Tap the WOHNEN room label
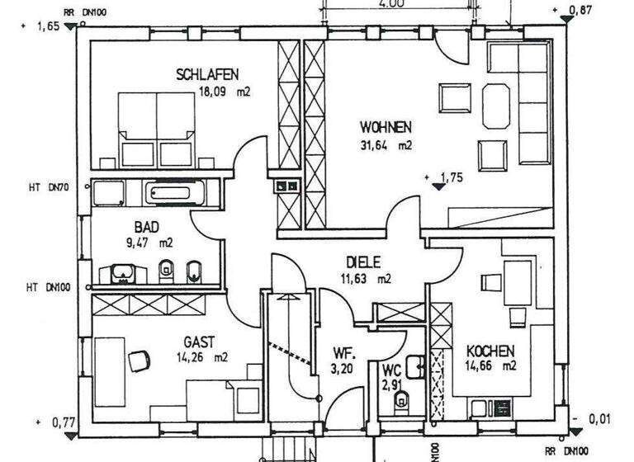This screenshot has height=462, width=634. click(386, 128)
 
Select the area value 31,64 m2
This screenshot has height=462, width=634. click(386, 145)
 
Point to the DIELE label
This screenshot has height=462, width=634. click(363, 262)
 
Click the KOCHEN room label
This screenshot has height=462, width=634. click(490, 350)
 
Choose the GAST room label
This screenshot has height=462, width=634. click(199, 342)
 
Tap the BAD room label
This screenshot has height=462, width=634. click(146, 227)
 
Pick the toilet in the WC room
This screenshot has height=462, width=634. click(403, 401)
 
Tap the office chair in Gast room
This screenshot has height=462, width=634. click(139, 360)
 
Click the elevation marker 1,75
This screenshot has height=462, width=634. click(450, 177)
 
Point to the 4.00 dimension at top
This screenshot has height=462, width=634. click(391, 4)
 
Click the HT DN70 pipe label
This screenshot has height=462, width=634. click(46, 188)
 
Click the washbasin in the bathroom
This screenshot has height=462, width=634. click(121, 271)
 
